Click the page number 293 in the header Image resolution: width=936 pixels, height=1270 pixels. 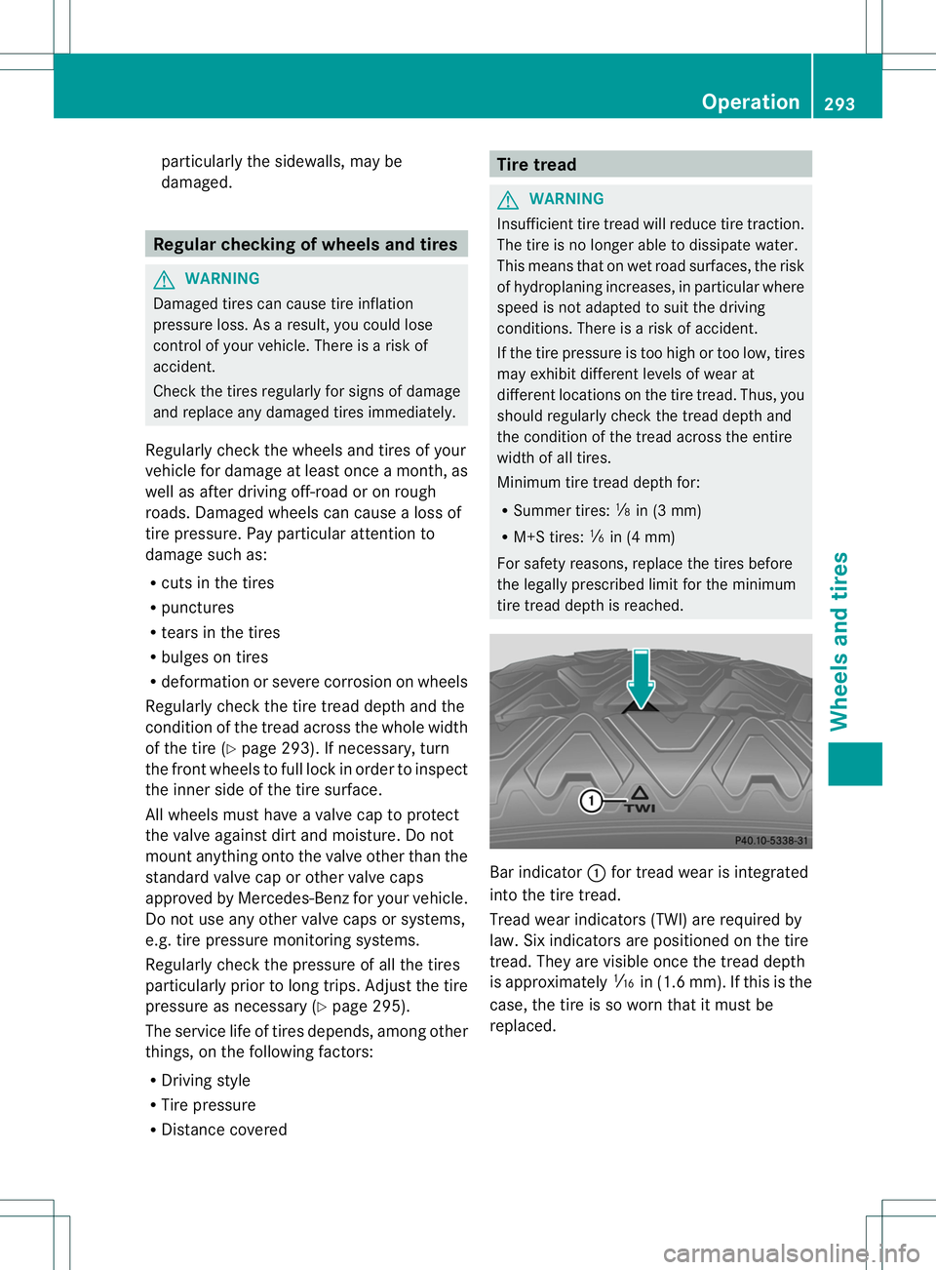pos(839,103)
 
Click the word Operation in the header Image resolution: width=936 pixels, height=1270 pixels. pos(750,102)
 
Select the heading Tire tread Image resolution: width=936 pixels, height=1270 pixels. pos(536,165)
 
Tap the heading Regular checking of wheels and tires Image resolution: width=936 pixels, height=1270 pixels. pos(305,244)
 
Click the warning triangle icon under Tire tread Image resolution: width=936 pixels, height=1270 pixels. pos(507,200)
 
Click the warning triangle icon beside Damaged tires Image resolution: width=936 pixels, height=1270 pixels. pos(164,280)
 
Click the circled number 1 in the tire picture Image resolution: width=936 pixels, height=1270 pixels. pos(591,802)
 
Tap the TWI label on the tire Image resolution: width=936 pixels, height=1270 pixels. pos(640,808)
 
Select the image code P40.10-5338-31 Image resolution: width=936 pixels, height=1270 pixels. pos(770,841)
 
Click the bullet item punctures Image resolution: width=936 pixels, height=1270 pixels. pos(198,608)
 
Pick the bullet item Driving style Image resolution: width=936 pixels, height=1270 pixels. pos(206,1081)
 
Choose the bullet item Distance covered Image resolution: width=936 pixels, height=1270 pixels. pos(224,1130)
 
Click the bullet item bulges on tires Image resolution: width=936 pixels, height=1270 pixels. pos(214,657)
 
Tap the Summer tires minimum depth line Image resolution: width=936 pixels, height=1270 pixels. pos(606,510)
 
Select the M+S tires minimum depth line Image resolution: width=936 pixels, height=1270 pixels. pos(594,536)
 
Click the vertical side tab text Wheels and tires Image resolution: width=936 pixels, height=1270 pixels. pos(839,641)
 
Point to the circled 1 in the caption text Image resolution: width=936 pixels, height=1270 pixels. pos(597,873)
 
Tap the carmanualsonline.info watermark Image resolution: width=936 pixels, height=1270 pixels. pos(791,1252)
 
